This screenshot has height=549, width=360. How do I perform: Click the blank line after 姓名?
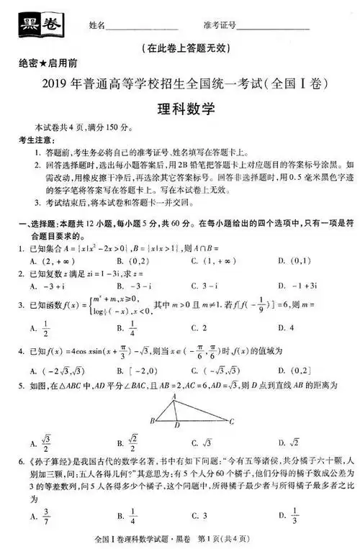tap(137, 27)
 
